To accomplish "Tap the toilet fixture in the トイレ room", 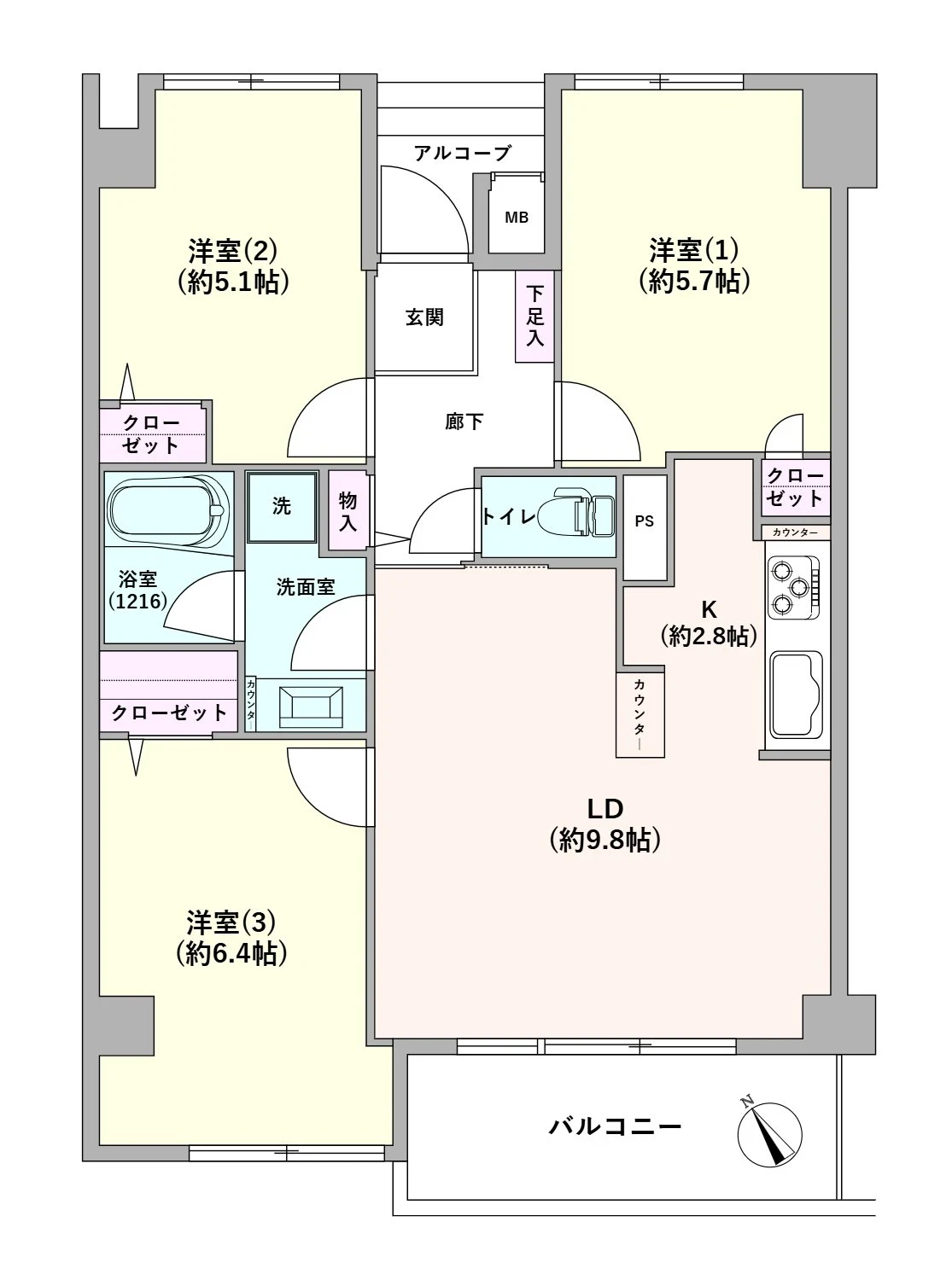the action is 575,512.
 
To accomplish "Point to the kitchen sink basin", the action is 797,695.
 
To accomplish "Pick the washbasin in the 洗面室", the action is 310,706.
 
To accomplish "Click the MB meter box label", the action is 517,218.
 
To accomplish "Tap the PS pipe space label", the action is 644,521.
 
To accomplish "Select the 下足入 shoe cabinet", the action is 534,317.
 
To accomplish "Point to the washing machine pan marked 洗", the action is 282,507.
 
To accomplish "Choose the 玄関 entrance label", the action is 424,317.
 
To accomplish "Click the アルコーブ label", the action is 463,153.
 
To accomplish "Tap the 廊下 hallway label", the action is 464,422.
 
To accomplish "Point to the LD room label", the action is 604,809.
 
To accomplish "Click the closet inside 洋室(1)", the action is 796,487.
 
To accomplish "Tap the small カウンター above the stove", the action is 795,532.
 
